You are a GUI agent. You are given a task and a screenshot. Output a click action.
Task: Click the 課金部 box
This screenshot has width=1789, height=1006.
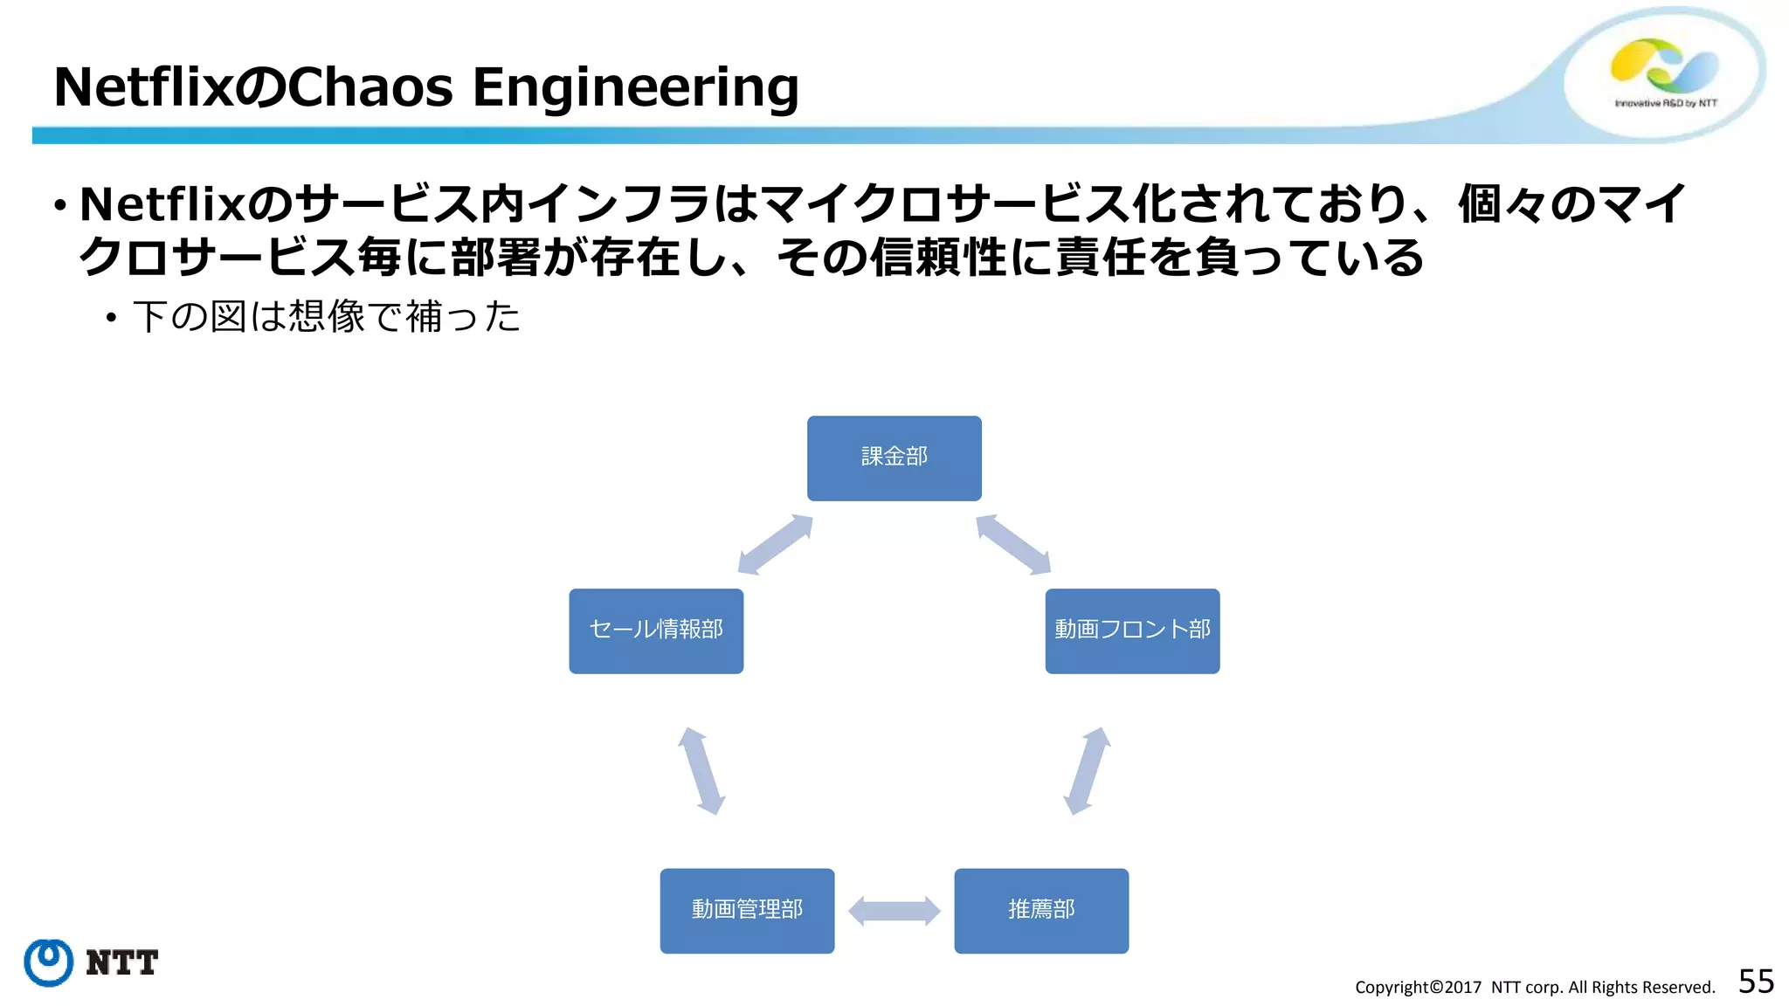[x=894, y=458]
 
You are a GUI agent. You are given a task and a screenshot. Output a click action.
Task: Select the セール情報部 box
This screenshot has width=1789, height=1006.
[x=656, y=630]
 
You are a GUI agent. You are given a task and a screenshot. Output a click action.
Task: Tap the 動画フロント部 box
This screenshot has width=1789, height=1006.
[x=1132, y=630]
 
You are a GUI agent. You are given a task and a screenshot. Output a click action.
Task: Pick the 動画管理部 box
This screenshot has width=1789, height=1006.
[x=747, y=910]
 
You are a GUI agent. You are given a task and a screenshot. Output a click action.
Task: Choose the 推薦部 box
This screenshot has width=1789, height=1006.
[x=1041, y=910]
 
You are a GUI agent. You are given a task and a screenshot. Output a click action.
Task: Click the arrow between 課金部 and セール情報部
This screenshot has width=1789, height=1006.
[x=776, y=545]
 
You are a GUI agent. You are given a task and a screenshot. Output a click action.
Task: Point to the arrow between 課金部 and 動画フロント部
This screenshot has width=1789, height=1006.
[x=1013, y=545]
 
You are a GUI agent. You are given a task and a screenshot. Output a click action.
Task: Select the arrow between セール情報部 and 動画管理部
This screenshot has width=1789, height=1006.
[x=701, y=771]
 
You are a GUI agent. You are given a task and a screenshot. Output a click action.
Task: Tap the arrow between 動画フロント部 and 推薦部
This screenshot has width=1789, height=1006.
[x=1087, y=771]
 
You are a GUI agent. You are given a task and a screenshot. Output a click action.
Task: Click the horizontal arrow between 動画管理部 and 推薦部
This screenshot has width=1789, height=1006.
[x=894, y=911]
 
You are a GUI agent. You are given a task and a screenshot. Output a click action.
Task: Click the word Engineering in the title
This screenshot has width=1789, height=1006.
[x=636, y=87]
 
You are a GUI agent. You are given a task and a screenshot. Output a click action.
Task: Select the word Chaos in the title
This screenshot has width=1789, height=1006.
[x=370, y=87]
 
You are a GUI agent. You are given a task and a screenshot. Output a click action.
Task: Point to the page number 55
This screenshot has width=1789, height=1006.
[x=1756, y=982]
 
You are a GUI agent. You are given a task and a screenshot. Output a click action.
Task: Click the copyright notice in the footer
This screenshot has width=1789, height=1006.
[x=1535, y=988]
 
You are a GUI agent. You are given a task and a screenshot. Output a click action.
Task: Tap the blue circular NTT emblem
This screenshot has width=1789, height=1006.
[x=49, y=962]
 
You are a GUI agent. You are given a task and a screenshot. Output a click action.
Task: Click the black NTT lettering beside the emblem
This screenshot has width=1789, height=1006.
[x=122, y=962]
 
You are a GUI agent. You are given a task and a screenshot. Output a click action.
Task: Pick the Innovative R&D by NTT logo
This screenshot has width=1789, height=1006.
[x=1664, y=74]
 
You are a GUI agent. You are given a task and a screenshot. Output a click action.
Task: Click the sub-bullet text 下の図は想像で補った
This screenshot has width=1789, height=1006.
[x=327, y=316]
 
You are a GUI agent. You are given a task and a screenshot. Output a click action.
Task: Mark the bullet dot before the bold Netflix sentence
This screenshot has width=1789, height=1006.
[x=59, y=207]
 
